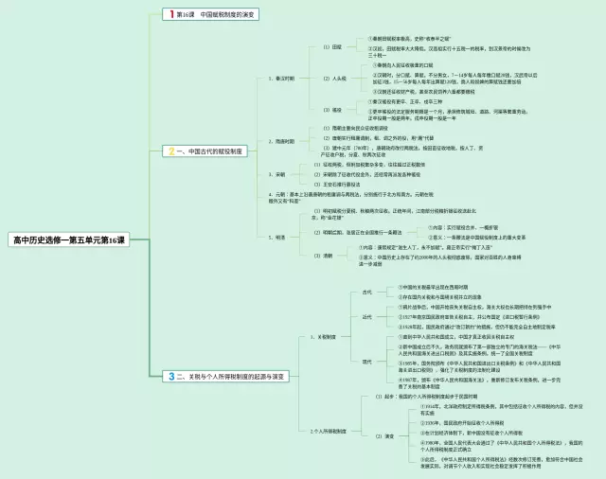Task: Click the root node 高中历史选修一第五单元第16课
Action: tap(68, 241)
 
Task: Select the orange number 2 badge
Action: tap(170, 151)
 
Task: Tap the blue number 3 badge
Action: tap(170, 376)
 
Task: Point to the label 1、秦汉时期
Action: tap(281, 79)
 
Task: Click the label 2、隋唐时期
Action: tap(281, 141)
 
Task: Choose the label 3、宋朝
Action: tap(276, 174)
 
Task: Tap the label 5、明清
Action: tap(276, 237)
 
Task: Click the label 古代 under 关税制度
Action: tap(367, 292)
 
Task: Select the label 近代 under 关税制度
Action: tap(367, 317)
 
